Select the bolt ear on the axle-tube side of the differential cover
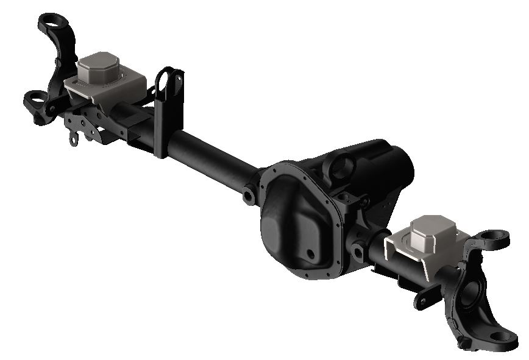(x=249, y=195)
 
